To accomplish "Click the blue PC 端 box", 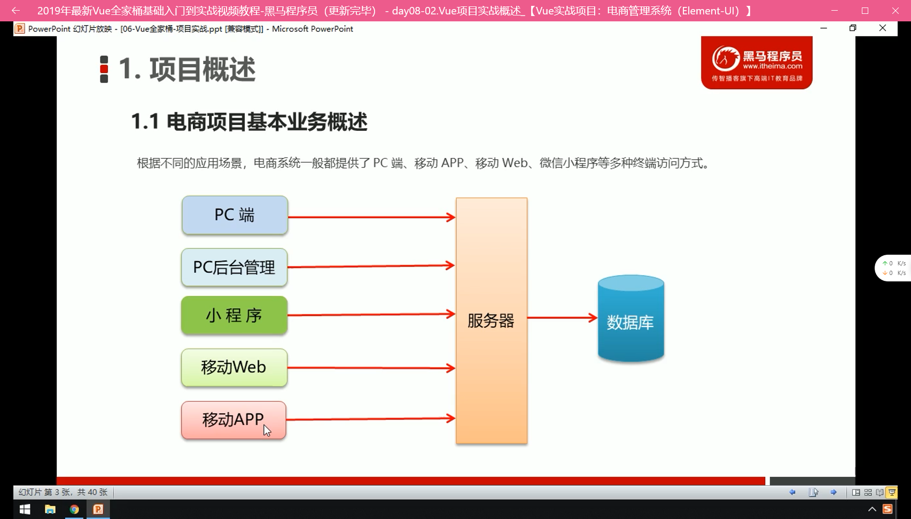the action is (235, 215).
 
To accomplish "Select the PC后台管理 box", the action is (234, 267).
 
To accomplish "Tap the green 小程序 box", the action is (234, 315).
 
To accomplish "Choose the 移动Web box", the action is (234, 367).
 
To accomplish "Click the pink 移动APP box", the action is (234, 420).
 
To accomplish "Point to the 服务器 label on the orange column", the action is (491, 321).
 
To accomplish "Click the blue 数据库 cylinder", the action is (631, 319).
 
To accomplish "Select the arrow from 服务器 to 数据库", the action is (563, 317).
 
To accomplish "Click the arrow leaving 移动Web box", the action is (371, 368).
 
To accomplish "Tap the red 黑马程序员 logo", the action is (757, 62).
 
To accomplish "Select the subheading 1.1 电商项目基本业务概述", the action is (250, 122).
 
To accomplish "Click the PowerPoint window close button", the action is (883, 28).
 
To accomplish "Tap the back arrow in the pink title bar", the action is (15, 11).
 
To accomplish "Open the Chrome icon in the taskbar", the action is (74, 509).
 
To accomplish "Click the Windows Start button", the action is (25, 509).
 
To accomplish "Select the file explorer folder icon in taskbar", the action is (50, 509).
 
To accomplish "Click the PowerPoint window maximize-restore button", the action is (853, 28).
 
